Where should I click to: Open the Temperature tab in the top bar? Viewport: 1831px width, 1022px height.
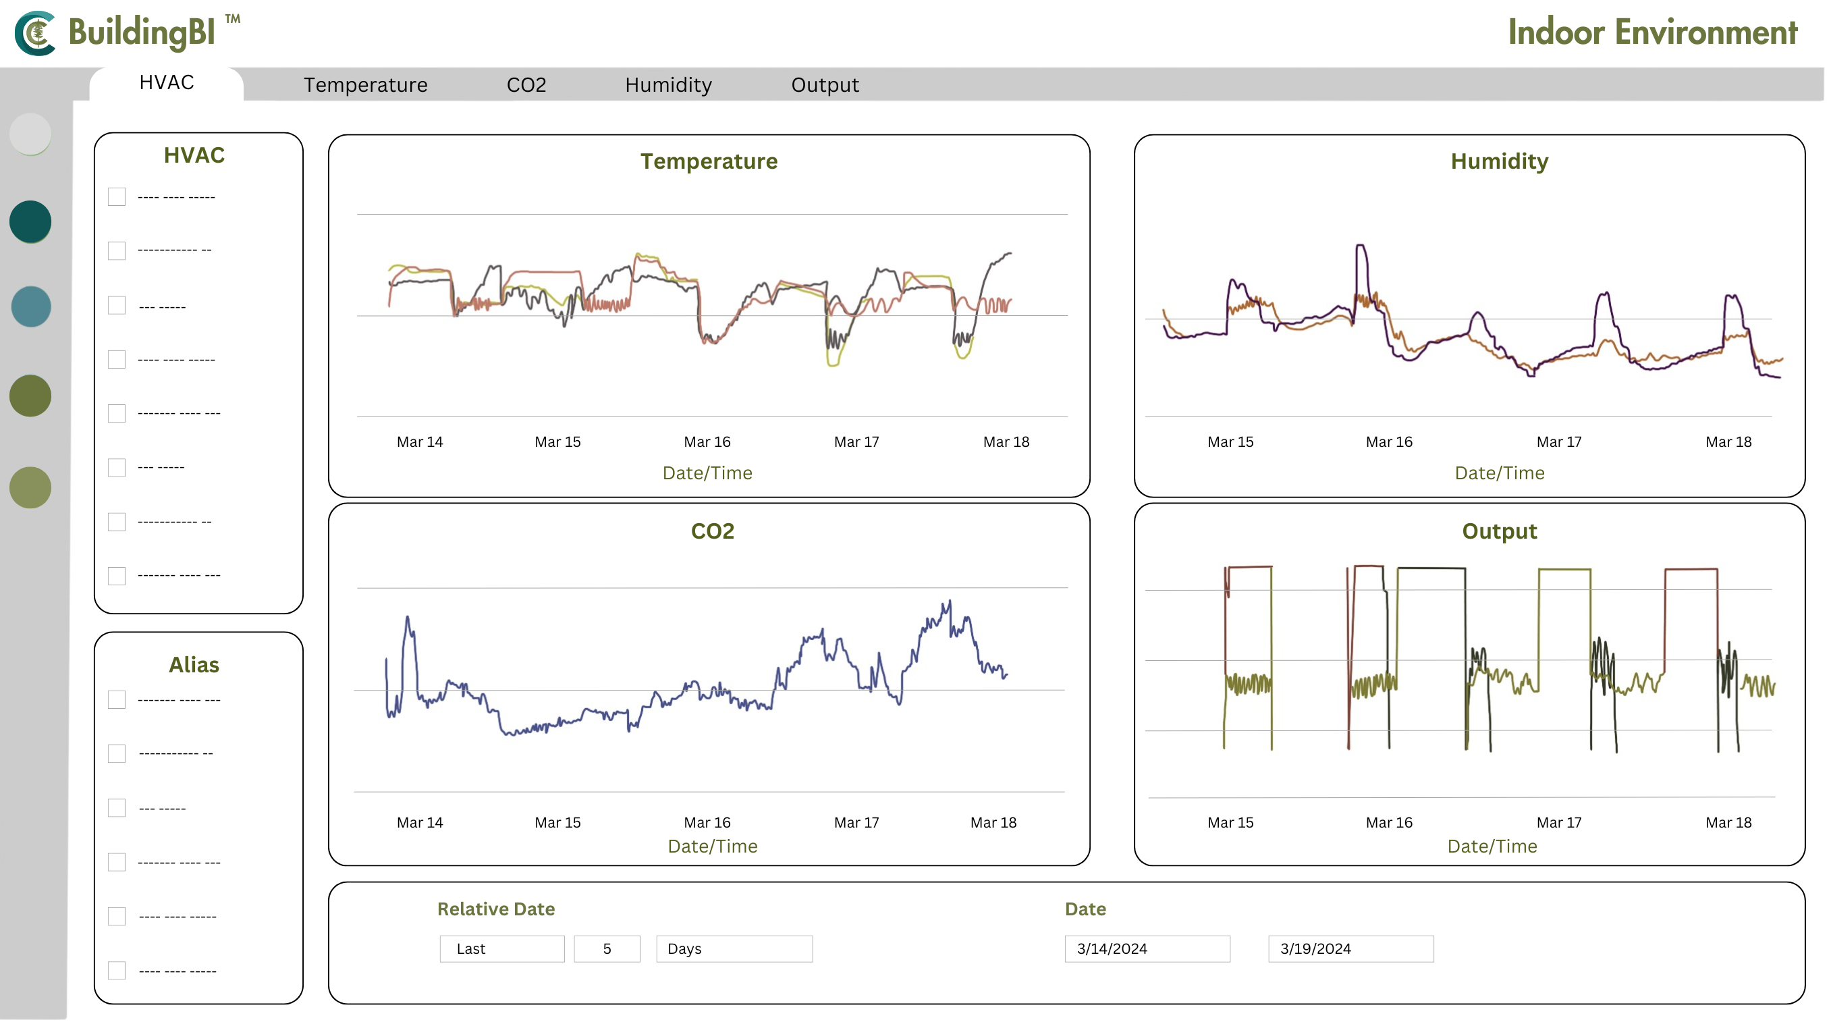pos(365,84)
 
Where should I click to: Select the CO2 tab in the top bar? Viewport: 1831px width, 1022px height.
pos(526,84)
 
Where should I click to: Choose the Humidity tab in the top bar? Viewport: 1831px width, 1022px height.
pos(668,84)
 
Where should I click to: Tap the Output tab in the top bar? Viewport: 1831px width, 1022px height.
pos(825,84)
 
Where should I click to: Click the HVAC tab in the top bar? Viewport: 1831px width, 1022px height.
pos(166,82)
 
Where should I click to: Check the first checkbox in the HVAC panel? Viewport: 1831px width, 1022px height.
pos(117,197)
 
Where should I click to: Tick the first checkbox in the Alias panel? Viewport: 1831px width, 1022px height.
pos(117,699)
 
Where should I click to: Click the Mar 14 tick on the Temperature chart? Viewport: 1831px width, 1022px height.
pos(419,441)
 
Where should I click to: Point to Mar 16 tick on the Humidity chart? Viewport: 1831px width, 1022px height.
pos(1389,441)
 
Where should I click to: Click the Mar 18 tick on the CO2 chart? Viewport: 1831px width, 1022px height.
pos(993,822)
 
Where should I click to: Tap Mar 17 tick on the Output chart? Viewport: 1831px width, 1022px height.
pos(1559,822)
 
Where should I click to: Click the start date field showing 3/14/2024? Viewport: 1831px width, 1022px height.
pos(1147,948)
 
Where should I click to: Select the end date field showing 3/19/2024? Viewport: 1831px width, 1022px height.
pos(1350,948)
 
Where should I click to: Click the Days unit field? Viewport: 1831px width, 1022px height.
pos(734,948)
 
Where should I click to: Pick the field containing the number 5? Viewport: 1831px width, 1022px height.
pos(606,948)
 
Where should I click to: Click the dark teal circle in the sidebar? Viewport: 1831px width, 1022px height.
pos(30,221)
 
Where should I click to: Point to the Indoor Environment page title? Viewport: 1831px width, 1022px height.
pos(1653,32)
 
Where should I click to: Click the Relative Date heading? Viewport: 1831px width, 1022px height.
pos(495,909)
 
